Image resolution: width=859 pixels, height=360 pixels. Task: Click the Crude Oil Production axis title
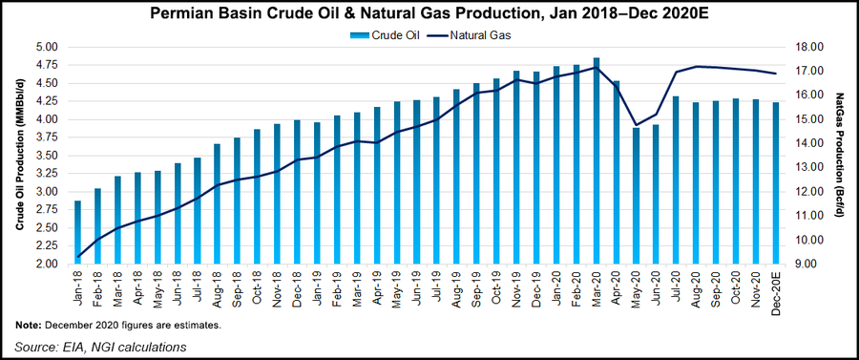(18, 156)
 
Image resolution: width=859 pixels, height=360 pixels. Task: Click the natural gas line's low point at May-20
(637, 125)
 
